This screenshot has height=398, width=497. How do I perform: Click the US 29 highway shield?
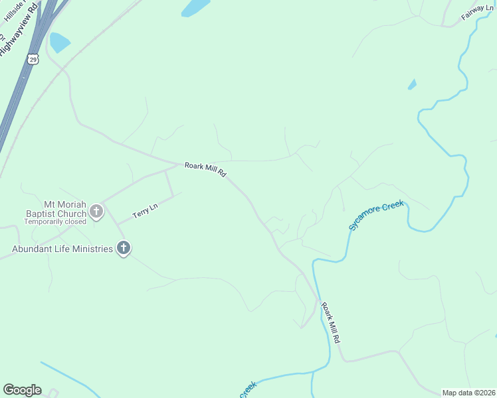(x=33, y=59)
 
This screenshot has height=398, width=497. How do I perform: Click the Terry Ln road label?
(x=145, y=211)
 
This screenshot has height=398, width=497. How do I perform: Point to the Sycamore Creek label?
(x=377, y=216)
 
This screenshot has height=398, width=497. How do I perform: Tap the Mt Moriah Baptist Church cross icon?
(x=96, y=212)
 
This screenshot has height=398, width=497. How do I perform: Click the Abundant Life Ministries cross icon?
(x=123, y=249)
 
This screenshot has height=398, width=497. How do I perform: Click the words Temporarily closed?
(x=55, y=222)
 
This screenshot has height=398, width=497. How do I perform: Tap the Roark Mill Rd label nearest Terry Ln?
(x=206, y=170)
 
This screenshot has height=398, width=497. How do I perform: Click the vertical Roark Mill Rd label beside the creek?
(x=331, y=322)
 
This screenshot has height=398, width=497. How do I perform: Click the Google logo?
(x=22, y=390)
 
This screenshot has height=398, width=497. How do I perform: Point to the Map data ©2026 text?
(x=468, y=393)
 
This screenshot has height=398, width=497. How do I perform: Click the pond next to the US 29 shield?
(x=59, y=42)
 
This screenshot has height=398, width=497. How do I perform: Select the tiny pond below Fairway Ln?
(x=412, y=84)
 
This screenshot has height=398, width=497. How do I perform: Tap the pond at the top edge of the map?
(x=195, y=7)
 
